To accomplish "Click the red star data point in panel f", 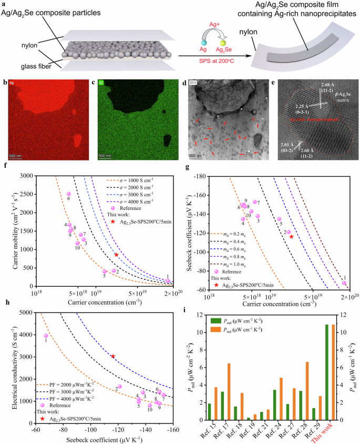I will (x=117, y=255).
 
